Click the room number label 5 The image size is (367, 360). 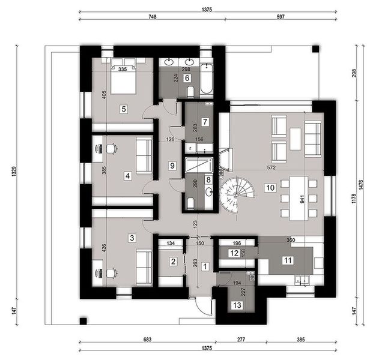(123, 109)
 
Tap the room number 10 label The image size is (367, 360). (270, 188)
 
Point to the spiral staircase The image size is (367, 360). (237, 196)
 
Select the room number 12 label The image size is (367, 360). (233, 254)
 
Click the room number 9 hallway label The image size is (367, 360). (172, 166)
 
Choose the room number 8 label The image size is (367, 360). (208, 179)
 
